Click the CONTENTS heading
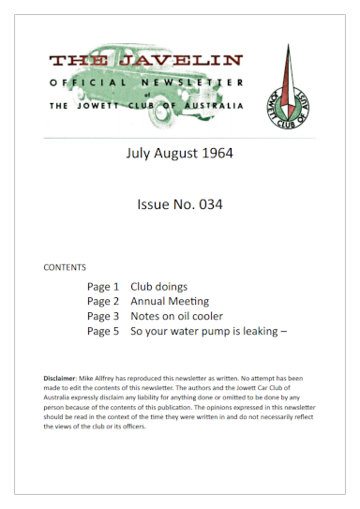point(65,267)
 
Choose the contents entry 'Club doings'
point(158,286)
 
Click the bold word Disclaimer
point(62,377)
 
